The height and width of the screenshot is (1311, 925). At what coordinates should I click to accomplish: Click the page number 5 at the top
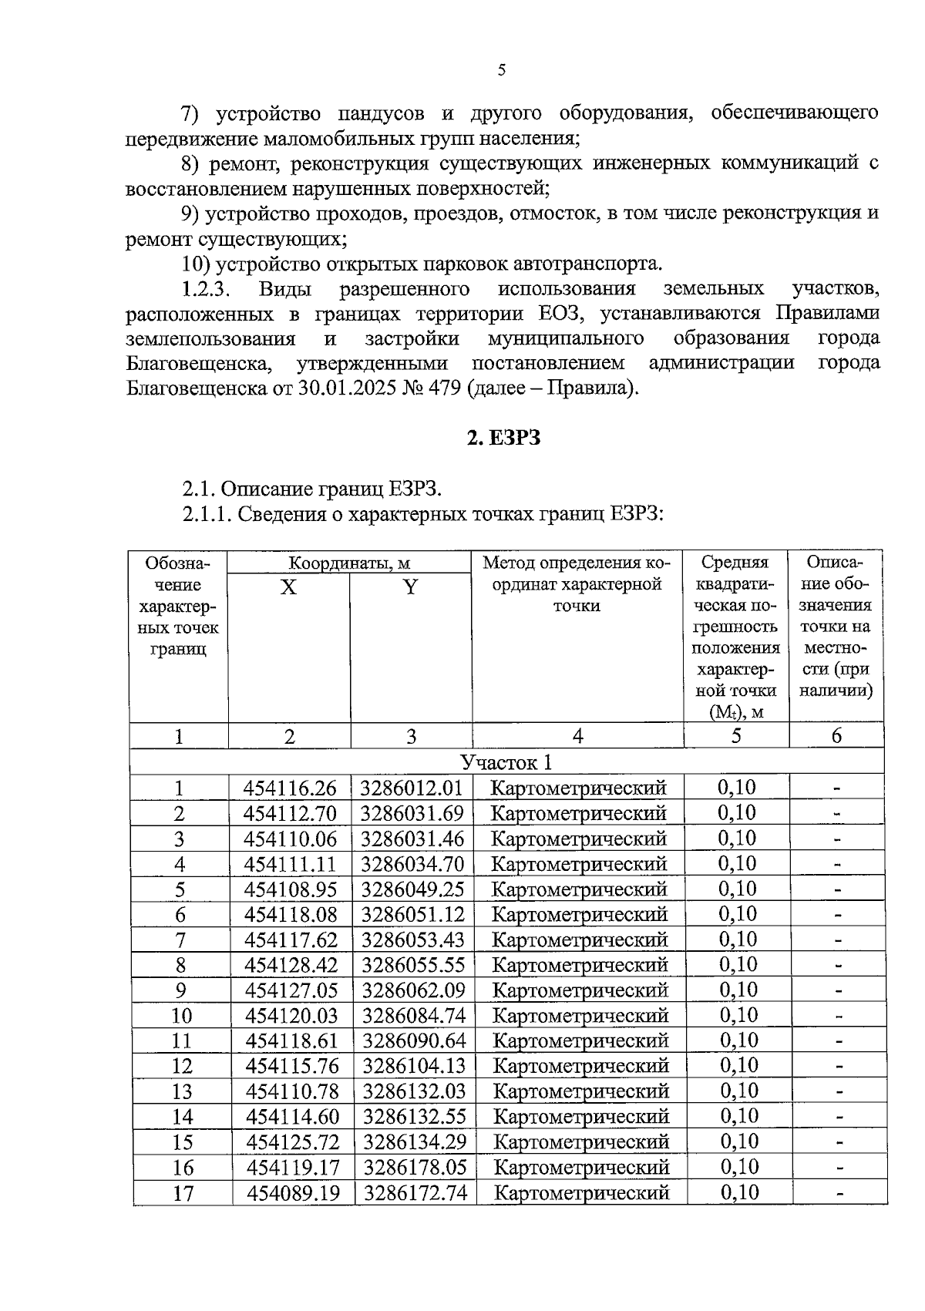click(502, 70)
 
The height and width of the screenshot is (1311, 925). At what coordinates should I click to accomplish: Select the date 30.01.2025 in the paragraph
click(348, 388)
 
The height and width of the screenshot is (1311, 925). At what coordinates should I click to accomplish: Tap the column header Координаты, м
click(349, 563)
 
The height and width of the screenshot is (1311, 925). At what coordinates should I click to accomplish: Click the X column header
click(288, 587)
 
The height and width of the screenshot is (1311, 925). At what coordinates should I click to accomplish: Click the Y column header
click(410, 587)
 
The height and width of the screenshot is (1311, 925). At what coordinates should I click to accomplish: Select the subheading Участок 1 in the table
click(506, 763)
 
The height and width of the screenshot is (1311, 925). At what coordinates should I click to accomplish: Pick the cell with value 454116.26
click(291, 788)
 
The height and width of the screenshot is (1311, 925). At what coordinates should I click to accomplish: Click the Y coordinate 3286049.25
click(413, 889)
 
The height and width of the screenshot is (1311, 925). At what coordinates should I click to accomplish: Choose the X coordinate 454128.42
click(291, 966)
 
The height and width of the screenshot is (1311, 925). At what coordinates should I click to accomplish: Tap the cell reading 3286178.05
click(415, 1168)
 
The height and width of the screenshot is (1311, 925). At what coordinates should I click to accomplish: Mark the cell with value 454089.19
click(293, 1193)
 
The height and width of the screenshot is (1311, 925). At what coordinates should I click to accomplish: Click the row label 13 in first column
click(181, 1092)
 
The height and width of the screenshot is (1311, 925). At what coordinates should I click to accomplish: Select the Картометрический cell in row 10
click(580, 1016)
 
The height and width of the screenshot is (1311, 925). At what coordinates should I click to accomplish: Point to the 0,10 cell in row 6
click(737, 915)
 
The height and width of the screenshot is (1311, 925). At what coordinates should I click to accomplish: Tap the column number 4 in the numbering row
click(577, 737)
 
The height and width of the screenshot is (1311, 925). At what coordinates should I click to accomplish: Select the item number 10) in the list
click(196, 264)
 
